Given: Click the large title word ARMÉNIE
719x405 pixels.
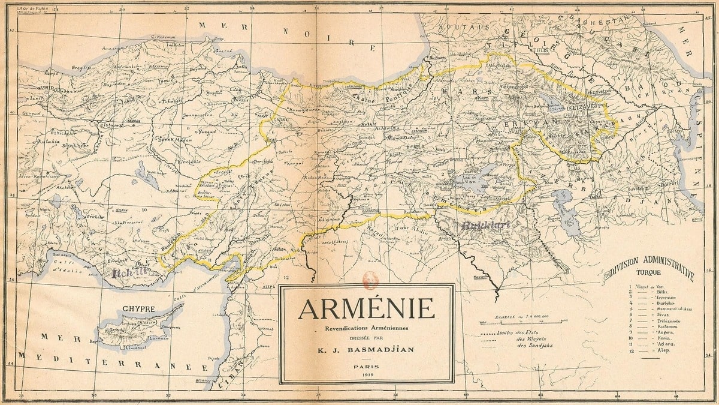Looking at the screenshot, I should pos(366,308).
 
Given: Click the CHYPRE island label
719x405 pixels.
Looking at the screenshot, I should pos(138,310).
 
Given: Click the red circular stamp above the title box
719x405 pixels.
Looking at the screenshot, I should pos(367,277).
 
